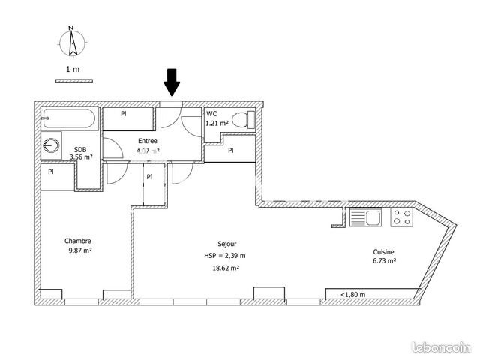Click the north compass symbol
72,43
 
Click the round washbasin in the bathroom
52,145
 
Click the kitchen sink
366,218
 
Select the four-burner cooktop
402,218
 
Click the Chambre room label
78,241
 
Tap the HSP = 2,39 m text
226,256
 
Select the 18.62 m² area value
226,268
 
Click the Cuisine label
385,252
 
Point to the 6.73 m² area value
385,262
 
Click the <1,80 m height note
352,294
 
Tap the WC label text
211,114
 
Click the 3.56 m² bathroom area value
81,157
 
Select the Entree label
148,140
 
